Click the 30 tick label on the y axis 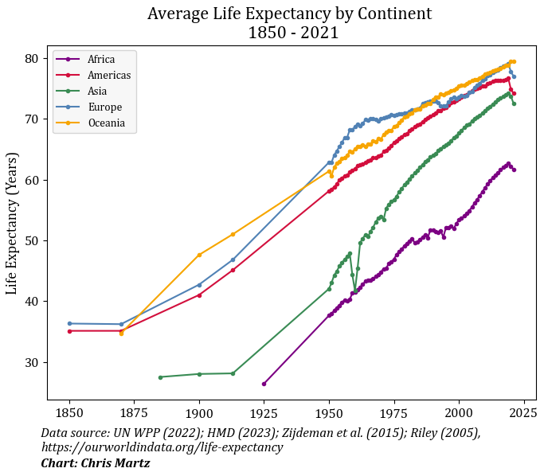pos(33,362)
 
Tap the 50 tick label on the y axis pos(33,240)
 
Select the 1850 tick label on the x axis pos(69,414)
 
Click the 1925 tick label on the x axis pos(264,414)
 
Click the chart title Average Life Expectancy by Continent pos(289,14)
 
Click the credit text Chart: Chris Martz pos(96,462)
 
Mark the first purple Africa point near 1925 pos(264,384)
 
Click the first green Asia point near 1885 pos(160,377)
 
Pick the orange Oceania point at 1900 pos(199,255)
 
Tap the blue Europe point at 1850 pos(69,323)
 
